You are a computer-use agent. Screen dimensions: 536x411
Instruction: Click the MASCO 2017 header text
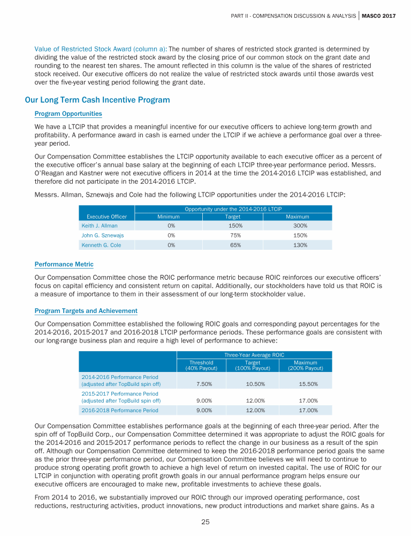pyautogui.click(x=379, y=16)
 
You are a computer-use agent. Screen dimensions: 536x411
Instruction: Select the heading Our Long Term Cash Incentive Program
pyautogui.click(x=97, y=100)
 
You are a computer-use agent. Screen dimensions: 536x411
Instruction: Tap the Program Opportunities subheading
pyautogui.click(x=68, y=114)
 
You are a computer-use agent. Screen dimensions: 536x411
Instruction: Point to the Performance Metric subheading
pyautogui.click(x=63, y=264)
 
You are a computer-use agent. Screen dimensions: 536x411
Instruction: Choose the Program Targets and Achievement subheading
pyautogui.click(x=86, y=311)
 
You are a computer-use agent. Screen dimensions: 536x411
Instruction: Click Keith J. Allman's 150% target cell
pyautogui.click(x=233, y=226)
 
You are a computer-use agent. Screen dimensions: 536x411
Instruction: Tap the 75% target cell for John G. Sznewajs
pyautogui.click(x=233, y=235)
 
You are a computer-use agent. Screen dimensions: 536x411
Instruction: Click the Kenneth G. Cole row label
pyautogui.click(x=101, y=245)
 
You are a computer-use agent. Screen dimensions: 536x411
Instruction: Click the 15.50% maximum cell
pyautogui.click(x=305, y=384)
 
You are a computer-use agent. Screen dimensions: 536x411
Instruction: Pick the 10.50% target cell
pyautogui.click(x=252, y=384)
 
